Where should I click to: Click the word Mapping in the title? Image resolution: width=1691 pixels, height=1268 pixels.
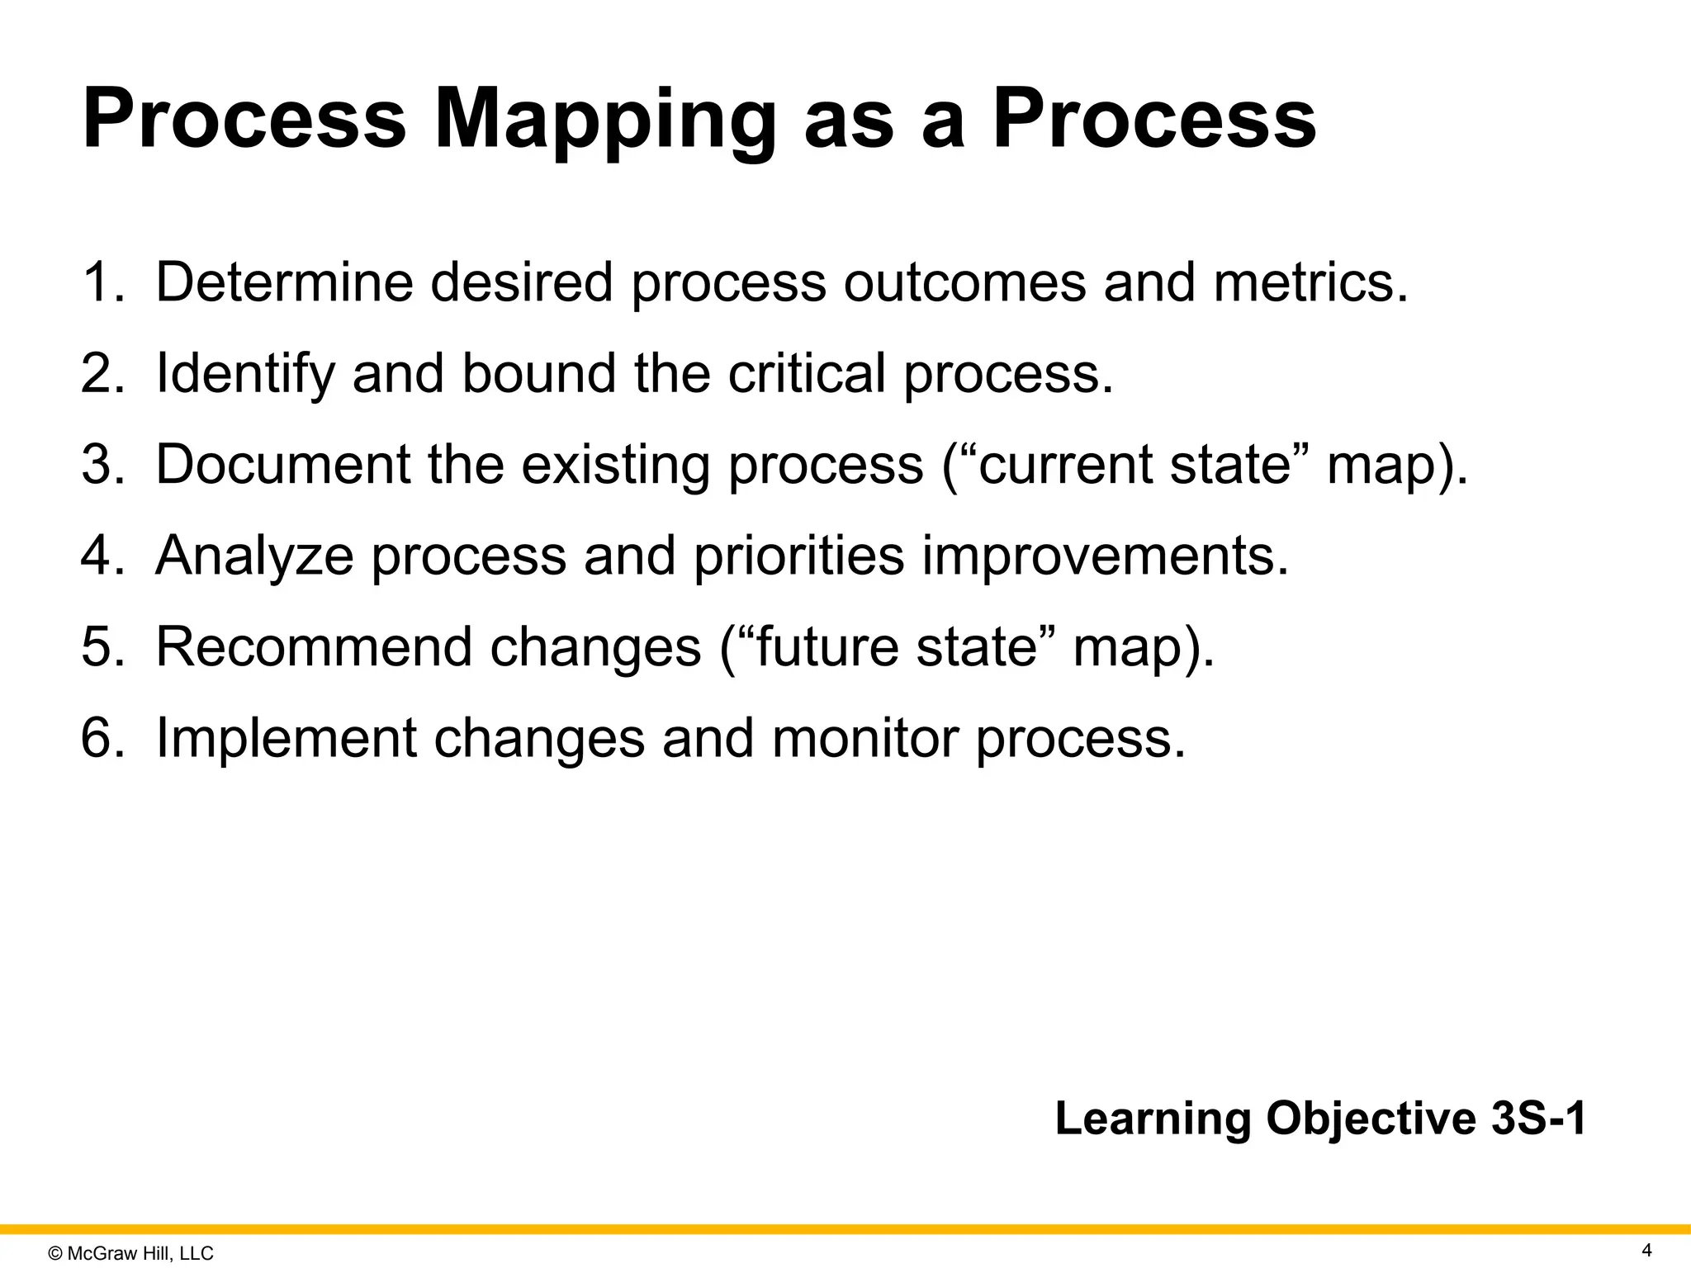point(604,121)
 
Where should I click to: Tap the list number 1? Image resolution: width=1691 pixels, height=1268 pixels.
point(101,282)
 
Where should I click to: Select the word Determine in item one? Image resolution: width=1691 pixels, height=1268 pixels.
point(284,282)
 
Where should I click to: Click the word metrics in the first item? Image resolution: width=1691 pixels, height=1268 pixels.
point(1310,282)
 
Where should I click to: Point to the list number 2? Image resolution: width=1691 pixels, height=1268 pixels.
point(101,373)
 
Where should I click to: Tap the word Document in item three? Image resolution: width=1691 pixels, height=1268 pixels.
point(282,464)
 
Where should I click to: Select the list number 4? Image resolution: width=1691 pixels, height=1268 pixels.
point(101,555)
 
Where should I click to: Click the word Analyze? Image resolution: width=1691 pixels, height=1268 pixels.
point(254,556)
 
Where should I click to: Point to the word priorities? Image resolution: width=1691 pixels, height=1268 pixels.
point(798,556)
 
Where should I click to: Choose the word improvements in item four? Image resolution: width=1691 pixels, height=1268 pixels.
point(1104,556)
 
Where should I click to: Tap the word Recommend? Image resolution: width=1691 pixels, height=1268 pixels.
point(314,646)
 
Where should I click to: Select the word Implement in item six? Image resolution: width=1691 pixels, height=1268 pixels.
point(286,738)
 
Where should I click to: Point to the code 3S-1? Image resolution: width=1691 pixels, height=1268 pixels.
point(1538,1119)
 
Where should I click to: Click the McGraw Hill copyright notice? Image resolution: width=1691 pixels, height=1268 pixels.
point(131,1254)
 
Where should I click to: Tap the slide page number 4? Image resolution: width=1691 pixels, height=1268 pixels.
point(1646,1251)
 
